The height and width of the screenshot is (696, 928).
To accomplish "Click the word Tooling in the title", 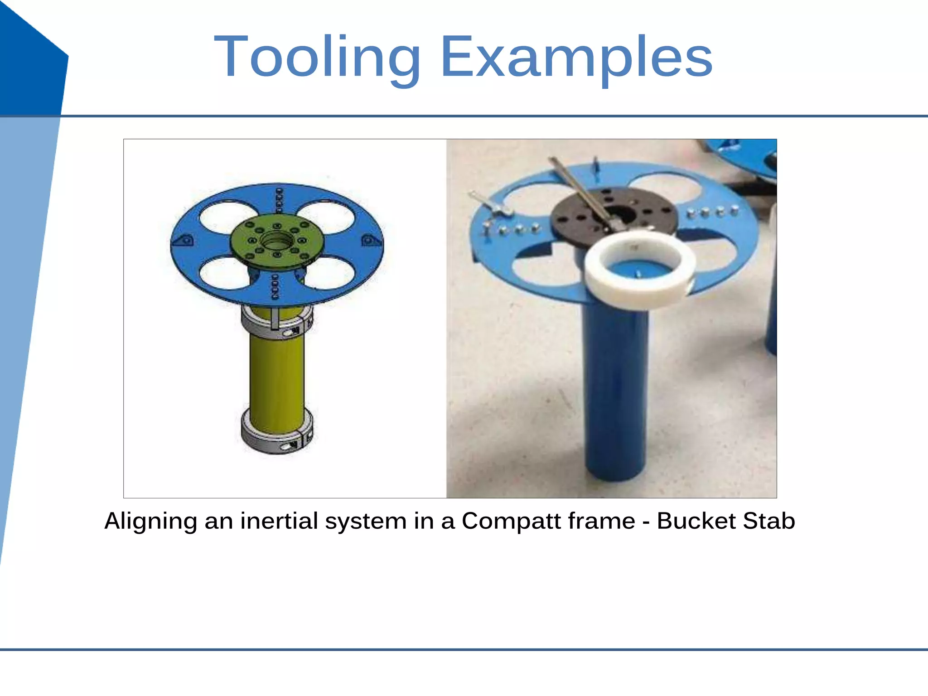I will pyautogui.click(x=317, y=58).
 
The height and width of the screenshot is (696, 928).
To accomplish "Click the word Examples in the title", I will pyautogui.click(x=576, y=58).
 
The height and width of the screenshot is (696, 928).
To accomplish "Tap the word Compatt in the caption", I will pyautogui.click(x=548, y=521).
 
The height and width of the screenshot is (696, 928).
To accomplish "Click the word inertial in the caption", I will pyautogui.click(x=279, y=521).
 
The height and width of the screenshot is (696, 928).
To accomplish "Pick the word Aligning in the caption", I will pyautogui.click(x=150, y=521).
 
